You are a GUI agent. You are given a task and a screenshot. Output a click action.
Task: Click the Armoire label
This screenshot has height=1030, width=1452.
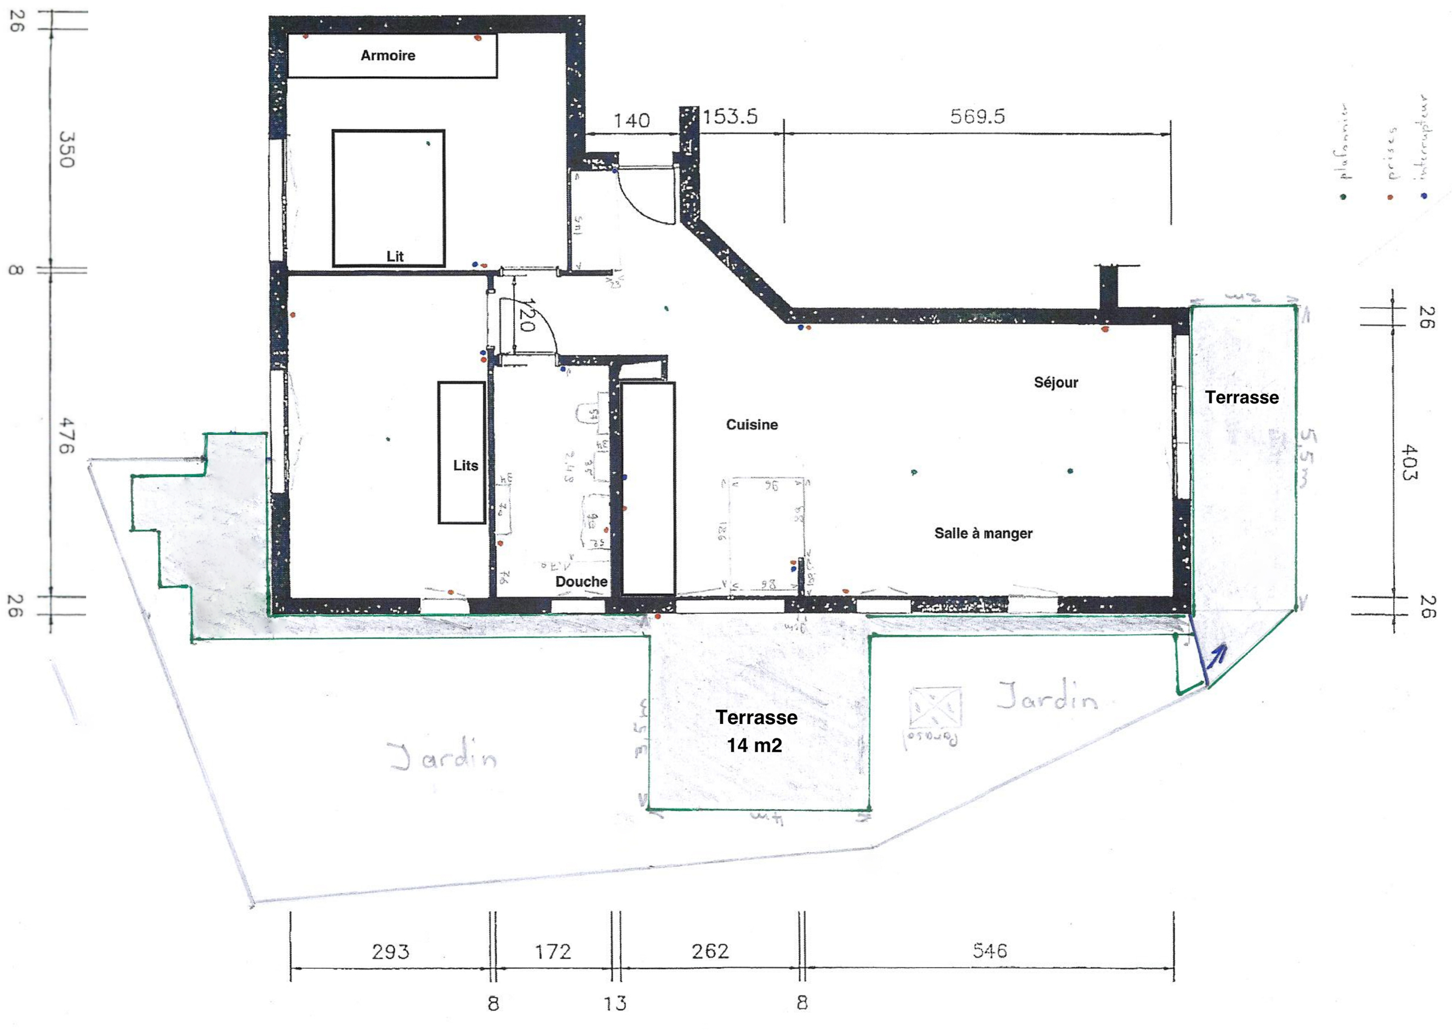[x=388, y=56]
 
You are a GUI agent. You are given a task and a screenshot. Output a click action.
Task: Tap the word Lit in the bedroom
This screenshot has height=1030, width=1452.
[x=395, y=256]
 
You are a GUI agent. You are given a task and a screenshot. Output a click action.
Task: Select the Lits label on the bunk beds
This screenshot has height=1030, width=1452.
[x=465, y=465]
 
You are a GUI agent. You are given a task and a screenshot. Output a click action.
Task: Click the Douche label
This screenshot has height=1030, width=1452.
[x=581, y=582]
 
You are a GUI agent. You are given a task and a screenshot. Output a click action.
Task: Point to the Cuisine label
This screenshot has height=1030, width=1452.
[x=752, y=425]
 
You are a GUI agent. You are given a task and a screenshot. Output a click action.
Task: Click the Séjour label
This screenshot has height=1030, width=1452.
[x=1056, y=383]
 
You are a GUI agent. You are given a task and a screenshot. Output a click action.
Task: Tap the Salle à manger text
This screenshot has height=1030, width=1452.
[x=983, y=533]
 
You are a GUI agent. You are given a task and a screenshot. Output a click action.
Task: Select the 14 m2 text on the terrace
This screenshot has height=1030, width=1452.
[x=754, y=746]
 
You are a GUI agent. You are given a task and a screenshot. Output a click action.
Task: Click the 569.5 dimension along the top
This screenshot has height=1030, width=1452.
[x=977, y=117]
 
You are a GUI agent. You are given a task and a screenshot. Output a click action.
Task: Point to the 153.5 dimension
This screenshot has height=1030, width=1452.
[x=730, y=117]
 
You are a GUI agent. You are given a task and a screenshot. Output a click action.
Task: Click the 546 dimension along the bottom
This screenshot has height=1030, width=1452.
[x=989, y=951]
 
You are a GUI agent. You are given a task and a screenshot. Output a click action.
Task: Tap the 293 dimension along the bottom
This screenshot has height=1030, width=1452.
[x=390, y=951]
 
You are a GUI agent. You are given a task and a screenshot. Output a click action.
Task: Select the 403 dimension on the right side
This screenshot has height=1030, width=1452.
[x=1409, y=463]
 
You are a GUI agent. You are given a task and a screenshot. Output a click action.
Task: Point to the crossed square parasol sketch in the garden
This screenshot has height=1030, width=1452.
[x=935, y=708]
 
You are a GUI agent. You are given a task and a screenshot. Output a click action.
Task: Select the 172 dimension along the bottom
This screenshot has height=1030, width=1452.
[x=553, y=951]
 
